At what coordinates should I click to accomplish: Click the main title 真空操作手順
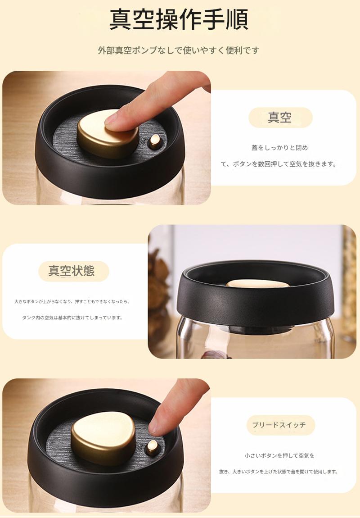click(x=179, y=19)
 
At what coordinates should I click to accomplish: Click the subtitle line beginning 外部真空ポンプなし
click(x=179, y=50)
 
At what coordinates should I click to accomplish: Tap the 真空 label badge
click(x=280, y=118)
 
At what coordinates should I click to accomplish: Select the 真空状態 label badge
click(x=74, y=271)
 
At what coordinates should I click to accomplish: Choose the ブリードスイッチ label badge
click(x=281, y=425)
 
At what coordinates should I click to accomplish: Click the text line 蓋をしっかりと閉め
click(x=280, y=148)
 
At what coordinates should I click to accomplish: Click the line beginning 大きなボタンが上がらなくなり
click(x=72, y=302)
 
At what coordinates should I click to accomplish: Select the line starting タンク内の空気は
click(x=72, y=318)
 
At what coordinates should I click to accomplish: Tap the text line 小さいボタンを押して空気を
click(x=279, y=455)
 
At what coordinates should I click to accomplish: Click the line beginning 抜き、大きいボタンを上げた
click(x=279, y=472)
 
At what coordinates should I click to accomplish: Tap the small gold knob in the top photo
click(x=155, y=142)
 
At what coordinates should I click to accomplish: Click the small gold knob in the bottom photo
click(x=153, y=448)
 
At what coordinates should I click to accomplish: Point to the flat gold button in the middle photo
click(x=257, y=283)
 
